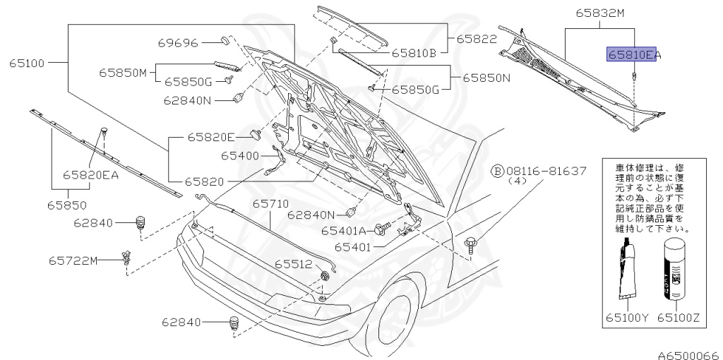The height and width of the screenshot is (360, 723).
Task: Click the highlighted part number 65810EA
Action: point(628,54)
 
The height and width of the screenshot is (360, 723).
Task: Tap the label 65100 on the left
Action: point(27,63)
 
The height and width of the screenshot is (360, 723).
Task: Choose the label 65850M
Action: point(122,72)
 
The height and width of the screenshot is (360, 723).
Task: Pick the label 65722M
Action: point(73,260)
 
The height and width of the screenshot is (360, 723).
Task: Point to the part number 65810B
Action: point(414,52)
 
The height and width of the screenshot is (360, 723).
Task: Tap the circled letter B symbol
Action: point(497,171)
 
